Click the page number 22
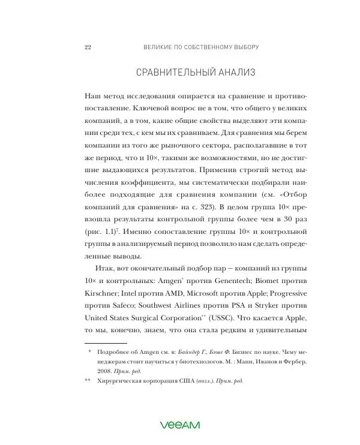88,46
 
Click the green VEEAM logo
179,425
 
